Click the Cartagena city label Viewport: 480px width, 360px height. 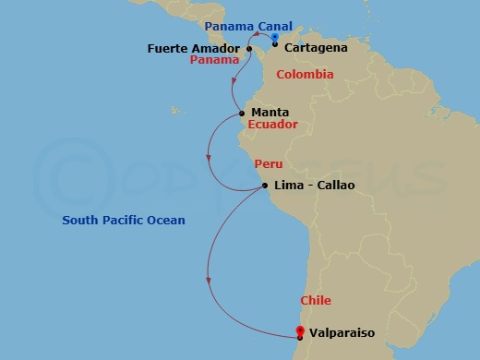click(x=316, y=47)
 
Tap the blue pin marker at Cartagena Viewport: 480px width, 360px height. click(x=275, y=38)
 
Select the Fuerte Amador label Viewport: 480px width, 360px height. click(x=195, y=48)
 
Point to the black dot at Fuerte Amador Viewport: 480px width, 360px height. click(x=249, y=48)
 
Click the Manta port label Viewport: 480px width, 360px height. click(x=270, y=113)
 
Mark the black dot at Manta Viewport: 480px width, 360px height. click(x=242, y=114)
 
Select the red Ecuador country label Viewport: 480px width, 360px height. click(x=272, y=125)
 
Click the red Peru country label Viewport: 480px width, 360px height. click(x=268, y=163)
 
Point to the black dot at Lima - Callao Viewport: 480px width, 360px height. click(x=266, y=186)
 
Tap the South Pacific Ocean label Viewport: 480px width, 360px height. click(x=124, y=220)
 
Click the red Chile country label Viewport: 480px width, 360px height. click(x=315, y=301)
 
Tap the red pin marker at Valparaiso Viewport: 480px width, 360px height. click(x=299, y=330)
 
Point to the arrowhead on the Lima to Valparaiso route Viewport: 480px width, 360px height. click(x=210, y=280)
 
